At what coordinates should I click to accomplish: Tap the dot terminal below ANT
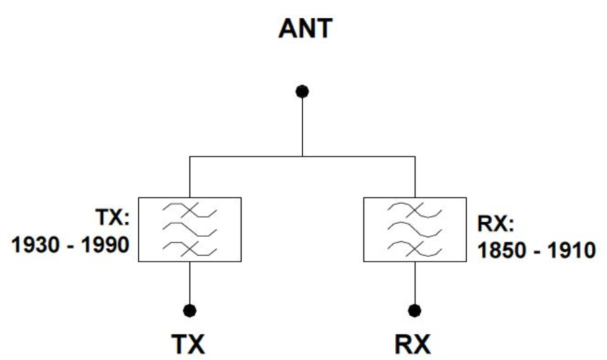tap(303, 91)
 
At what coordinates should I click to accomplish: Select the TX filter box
tap(190, 229)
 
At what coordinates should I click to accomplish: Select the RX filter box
tap(415, 229)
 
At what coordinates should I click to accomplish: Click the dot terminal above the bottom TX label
tap(190, 310)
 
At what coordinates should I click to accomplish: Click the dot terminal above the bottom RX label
tap(415, 310)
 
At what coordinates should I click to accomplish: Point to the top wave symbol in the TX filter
tap(190, 211)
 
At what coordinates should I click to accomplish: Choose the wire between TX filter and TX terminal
tap(190, 283)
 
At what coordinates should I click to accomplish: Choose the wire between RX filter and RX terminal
tap(415, 283)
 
